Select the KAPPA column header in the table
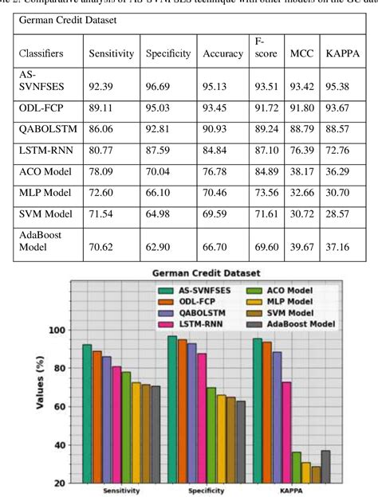point(343,53)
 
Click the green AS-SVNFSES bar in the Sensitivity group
point(87,413)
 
